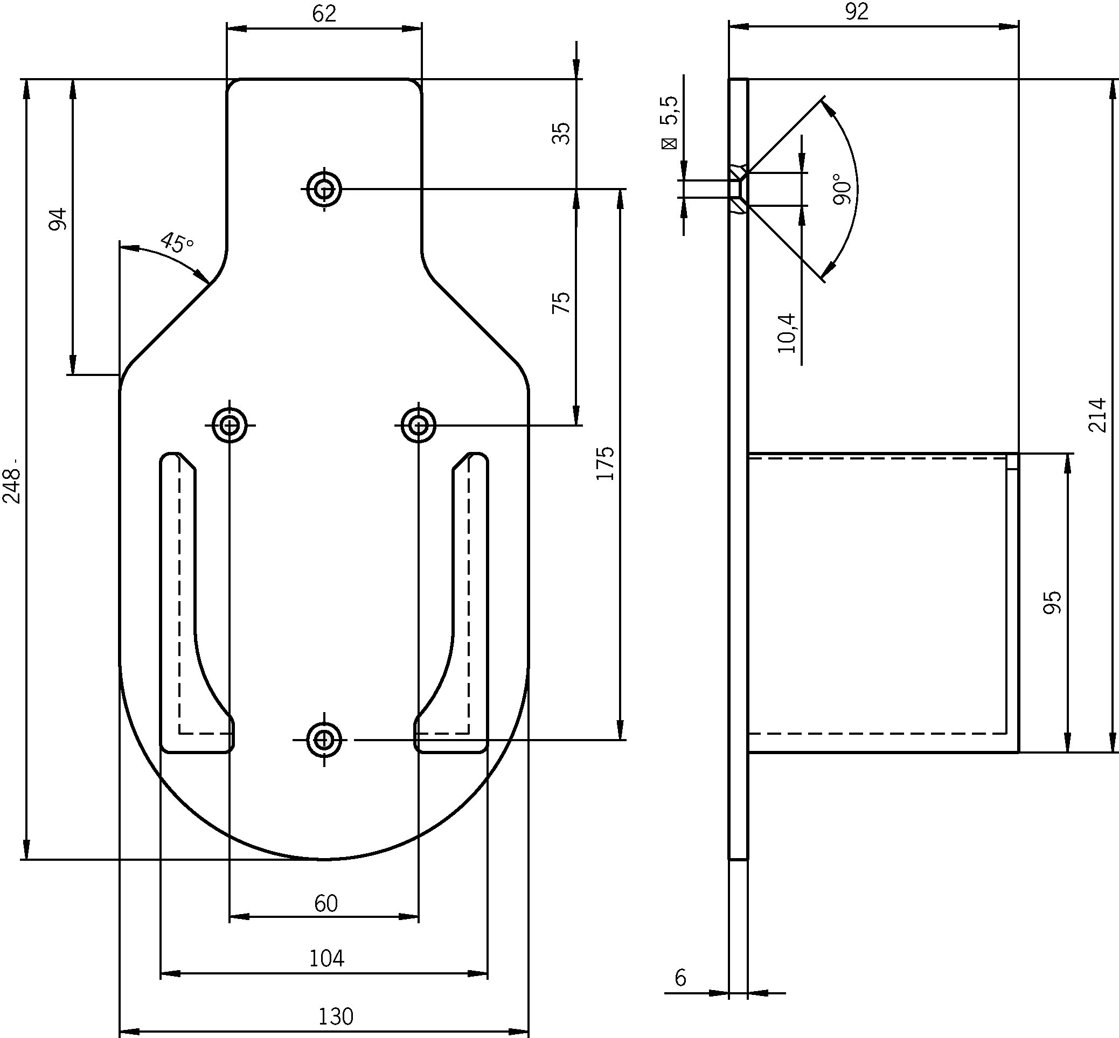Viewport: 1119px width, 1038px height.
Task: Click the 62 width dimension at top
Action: (324, 13)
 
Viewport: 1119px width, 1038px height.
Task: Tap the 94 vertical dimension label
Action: (58, 219)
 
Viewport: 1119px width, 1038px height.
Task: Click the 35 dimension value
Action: (561, 133)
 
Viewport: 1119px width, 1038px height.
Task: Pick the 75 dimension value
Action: (561, 303)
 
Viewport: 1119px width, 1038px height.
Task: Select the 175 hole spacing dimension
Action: (605, 463)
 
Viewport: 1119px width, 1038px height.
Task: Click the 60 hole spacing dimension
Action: (326, 903)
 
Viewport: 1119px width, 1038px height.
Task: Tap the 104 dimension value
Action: (326, 958)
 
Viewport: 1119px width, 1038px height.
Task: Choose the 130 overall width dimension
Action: (336, 1016)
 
